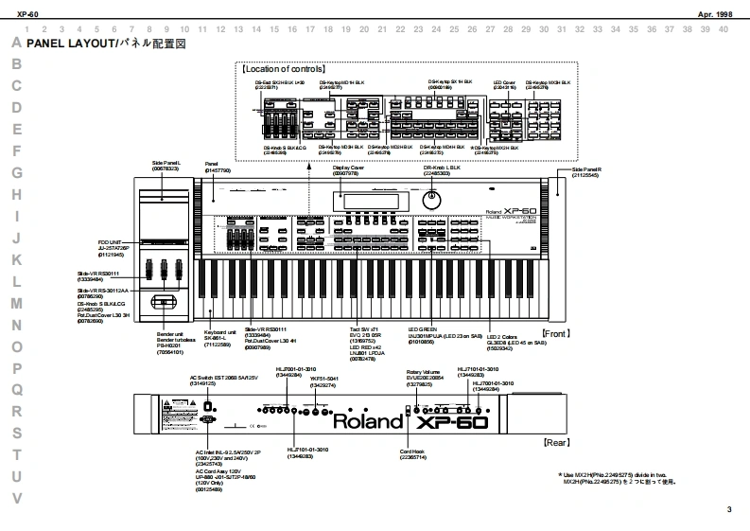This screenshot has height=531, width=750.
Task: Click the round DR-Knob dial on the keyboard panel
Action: point(434,201)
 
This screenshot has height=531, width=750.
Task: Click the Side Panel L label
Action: point(166,165)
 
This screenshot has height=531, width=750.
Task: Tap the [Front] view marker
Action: point(556,334)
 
